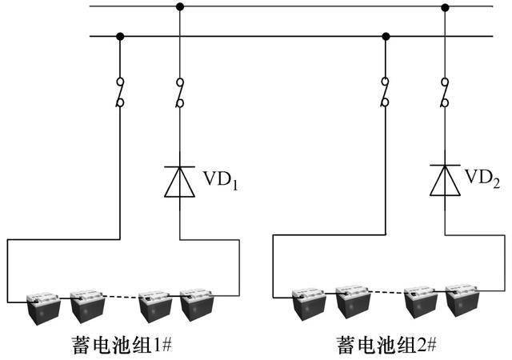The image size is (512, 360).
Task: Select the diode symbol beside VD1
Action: pos(179,181)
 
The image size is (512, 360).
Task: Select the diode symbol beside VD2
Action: pos(445,181)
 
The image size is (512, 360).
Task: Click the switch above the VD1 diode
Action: pos(179,93)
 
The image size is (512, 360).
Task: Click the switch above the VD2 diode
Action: pos(445,93)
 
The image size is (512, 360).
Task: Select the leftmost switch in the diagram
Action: pos(120,93)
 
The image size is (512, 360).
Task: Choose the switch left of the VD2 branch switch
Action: pos(386,93)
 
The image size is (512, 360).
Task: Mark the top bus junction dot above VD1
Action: pos(179,6)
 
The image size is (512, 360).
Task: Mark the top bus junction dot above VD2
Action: pos(445,6)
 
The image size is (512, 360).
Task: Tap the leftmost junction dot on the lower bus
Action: pos(120,36)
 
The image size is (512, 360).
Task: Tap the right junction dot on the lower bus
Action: pos(386,36)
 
